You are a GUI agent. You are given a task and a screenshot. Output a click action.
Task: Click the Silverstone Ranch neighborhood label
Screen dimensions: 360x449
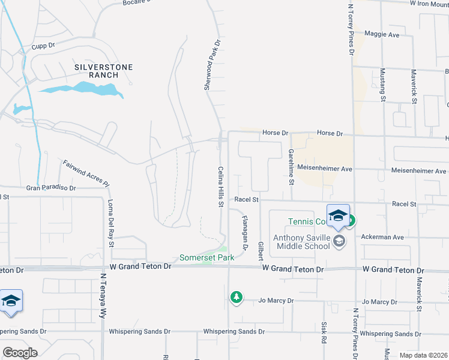(x=103, y=71)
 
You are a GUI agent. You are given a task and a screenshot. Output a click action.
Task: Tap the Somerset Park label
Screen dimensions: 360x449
(x=206, y=257)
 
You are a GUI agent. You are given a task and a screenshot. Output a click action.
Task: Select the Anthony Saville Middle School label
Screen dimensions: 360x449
(x=301, y=242)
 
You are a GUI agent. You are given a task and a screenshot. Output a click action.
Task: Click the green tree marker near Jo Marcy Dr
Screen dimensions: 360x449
(x=237, y=297)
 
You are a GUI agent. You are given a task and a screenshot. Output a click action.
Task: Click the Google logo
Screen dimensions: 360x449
(x=20, y=352)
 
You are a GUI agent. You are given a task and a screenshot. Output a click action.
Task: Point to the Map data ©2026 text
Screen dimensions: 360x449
(x=423, y=355)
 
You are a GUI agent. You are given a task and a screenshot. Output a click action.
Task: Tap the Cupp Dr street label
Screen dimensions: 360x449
(x=43, y=45)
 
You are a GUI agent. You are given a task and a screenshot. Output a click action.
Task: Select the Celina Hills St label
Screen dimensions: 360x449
(x=220, y=187)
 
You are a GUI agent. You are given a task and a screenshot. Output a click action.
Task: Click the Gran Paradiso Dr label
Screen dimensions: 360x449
(x=51, y=188)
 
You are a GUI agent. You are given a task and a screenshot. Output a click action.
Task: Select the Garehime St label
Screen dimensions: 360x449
(x=291, y=165)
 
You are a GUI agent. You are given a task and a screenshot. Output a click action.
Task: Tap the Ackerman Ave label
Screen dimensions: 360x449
(x=382, y=237)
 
